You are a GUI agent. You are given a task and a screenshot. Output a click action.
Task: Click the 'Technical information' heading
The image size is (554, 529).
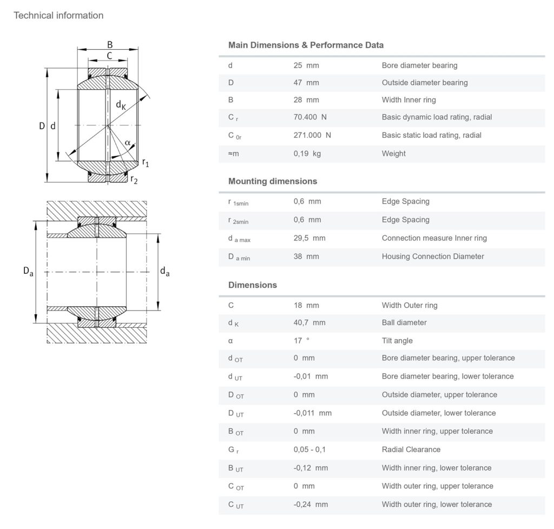58,15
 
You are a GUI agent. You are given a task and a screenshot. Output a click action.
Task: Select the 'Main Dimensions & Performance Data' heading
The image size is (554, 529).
306,45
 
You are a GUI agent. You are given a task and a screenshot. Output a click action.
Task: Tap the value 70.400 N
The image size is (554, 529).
310,117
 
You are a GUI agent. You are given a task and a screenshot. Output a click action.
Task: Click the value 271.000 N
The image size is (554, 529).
312,135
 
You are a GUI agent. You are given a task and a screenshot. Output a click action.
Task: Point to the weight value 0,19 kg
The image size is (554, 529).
307,154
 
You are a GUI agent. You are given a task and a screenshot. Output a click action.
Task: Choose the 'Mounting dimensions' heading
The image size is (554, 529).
273,181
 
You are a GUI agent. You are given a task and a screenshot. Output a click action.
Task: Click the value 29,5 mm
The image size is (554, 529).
309,238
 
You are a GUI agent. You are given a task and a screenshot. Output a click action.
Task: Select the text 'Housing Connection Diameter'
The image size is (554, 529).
433,256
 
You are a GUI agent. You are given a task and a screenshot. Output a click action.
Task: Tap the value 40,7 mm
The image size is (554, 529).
309,322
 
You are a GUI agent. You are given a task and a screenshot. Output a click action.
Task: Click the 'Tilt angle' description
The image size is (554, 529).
397,341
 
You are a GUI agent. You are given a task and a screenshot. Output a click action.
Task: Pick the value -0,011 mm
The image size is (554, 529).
312,413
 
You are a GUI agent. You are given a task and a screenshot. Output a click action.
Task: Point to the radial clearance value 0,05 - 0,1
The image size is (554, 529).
309,449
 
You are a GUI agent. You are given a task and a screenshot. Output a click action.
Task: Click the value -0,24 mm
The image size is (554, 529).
311,504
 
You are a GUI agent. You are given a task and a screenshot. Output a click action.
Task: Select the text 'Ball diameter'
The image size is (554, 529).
404,322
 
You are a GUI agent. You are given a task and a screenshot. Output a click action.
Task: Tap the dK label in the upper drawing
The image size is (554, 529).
121,105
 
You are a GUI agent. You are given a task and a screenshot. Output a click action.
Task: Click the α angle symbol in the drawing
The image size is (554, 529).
127,143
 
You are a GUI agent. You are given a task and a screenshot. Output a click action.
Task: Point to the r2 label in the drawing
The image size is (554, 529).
134,180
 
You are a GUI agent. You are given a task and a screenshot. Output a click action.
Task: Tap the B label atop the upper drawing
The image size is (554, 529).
109,45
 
